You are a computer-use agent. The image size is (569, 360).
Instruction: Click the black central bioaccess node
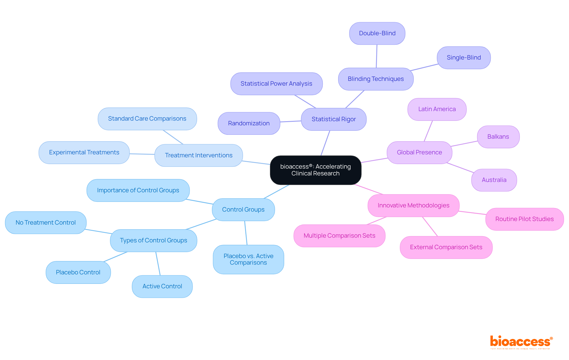tap(315, 170)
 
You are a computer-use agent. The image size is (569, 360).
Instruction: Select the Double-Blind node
tap(377, 33)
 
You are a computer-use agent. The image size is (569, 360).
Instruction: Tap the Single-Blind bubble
tap(463, 58)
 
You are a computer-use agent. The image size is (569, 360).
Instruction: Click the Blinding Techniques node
tap(375, 79)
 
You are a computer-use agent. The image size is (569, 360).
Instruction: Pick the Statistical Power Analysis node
tap(276, 84)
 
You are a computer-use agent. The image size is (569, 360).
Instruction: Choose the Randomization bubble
tap(249, 124)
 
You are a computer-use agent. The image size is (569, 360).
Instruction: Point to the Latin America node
tap(437, 109)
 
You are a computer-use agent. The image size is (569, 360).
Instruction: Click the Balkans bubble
tap(498, 137)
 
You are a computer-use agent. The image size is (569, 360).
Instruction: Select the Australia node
tap(494, 180)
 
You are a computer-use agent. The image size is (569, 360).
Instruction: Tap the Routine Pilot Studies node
tap(524, 219)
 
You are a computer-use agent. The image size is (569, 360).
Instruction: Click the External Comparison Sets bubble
tap(446, 247)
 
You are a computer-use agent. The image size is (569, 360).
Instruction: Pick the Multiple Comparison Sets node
tap(339, 236)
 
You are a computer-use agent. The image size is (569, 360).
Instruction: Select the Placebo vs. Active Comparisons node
tap(248, 260)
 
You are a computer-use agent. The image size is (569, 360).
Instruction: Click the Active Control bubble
tap(162, 287)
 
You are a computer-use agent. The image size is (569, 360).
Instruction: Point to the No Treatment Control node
tap(46, 223)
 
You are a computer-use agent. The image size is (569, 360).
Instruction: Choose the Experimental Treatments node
tap(84, 153)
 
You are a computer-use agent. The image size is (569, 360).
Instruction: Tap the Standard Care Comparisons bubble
tap(147, 119)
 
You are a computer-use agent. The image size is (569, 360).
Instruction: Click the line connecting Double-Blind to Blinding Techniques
tap(377, 56)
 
